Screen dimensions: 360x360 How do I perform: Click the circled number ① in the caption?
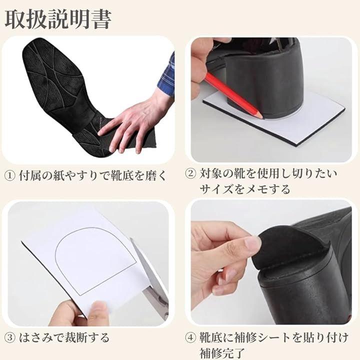tap(10, 176)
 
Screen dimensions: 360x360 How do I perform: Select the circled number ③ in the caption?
tap(10, 338)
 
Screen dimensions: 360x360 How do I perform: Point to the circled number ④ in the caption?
tap(190, 338)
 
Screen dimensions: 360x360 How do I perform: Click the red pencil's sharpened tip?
tap(261, 116)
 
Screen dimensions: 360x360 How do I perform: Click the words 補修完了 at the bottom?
tap(221, 353)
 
